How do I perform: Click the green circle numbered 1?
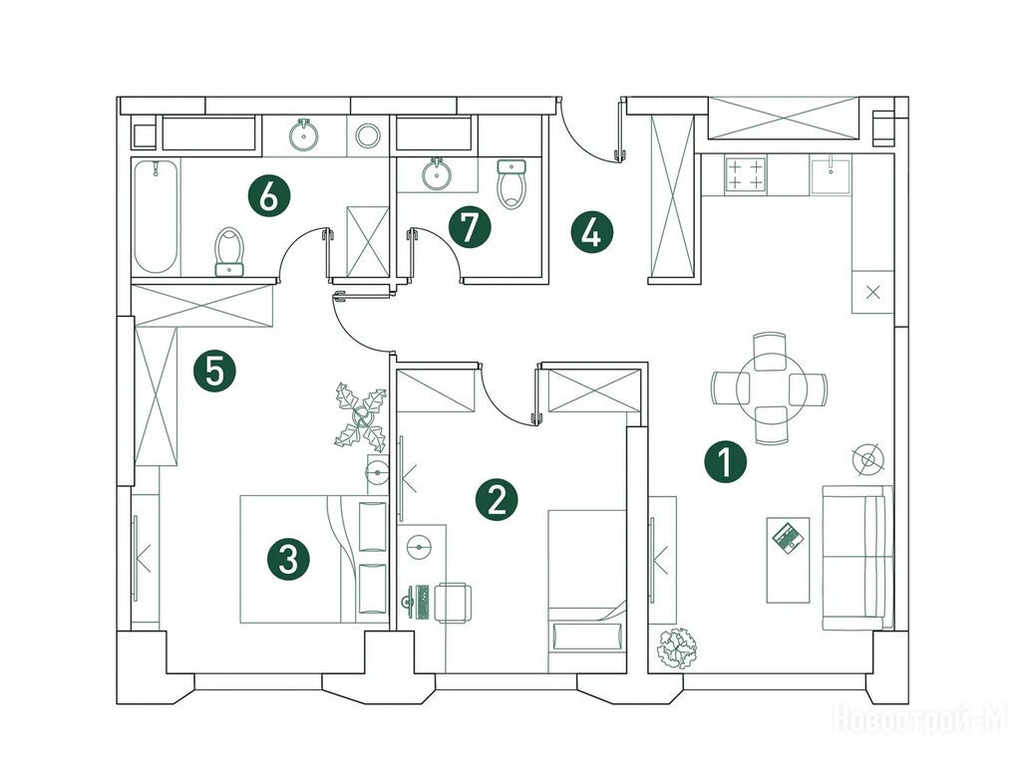(725, 462)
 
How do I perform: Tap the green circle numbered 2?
(497, 500)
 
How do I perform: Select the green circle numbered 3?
(288, 559)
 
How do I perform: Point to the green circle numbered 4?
(592, 232)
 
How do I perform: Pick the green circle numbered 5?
(214, 372)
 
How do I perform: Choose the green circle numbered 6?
(269, 196)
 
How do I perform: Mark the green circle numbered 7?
(470, 228)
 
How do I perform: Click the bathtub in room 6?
(156, 216)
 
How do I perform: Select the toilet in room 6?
(228, 252)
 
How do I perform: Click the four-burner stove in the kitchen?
(745, 174)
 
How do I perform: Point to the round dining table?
(771, 389)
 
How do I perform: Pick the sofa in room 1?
(856, 557)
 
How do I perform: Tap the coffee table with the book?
(789, 560)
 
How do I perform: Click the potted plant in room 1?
(677, 647)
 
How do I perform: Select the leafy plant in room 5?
(361, 416)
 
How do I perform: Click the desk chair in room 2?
(454, 603)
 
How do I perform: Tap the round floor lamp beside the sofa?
(868, 459)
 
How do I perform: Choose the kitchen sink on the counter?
(831, 174)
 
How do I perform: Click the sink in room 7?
(437, 173)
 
